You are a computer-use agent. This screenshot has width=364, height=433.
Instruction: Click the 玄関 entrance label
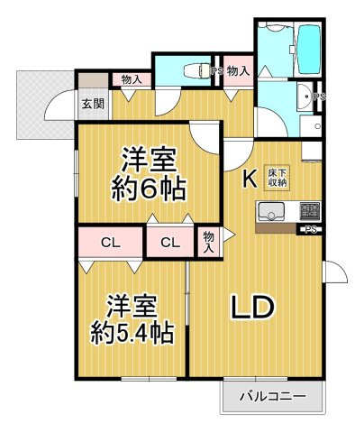tap(93, 104)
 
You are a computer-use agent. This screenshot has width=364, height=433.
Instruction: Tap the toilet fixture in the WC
tap(196, 71)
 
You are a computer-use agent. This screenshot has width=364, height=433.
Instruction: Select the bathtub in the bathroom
tap(308, 49)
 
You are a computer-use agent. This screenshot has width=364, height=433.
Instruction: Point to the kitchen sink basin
tap(272, 211)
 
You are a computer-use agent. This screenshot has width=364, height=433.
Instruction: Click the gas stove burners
tap(310, 211)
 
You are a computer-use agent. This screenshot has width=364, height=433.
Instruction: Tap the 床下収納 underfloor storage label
tap(277, 178)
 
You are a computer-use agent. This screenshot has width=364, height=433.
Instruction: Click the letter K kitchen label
tap(250, 179)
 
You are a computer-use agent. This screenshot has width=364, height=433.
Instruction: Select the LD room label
tap(252, 307)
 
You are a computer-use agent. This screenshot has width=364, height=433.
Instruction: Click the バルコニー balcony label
tap(272, 396)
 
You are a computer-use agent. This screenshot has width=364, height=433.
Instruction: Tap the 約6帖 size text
tap(147, 190)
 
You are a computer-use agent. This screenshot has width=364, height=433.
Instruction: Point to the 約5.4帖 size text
tap(132, 333)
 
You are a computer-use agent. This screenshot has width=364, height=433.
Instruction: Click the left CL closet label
tap(111, 243)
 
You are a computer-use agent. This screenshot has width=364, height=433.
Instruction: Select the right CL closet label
tap(170, 243)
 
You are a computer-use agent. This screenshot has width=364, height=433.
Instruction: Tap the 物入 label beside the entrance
tap(132, 79)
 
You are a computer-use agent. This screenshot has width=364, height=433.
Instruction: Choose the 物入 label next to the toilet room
tap(239, 71)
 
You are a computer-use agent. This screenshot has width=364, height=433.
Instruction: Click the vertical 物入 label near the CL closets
tap(208, 243)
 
